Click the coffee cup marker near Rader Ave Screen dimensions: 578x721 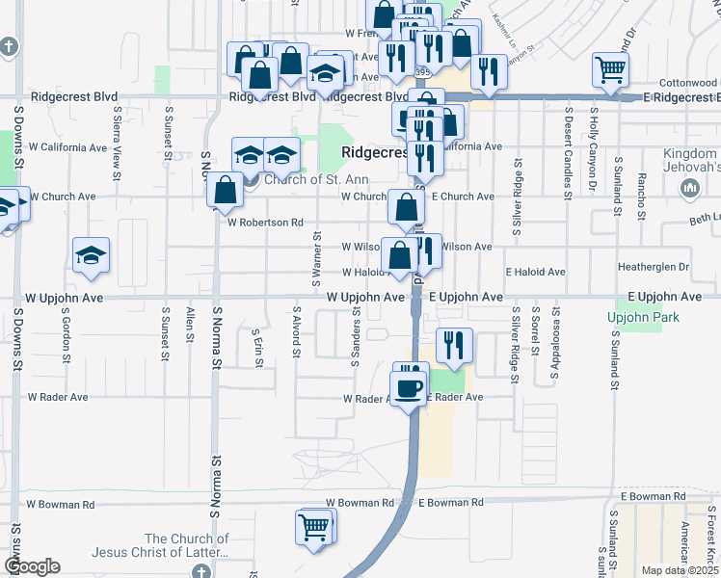click(410, 387)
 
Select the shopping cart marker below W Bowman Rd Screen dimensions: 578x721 click(313, 528)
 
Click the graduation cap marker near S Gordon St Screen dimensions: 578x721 click(91, 255)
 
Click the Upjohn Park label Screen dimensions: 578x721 click(644, 318)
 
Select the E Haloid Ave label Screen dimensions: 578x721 click(534, 273)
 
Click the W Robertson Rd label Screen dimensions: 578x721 click(265, 223)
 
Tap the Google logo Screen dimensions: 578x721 click(32, 566)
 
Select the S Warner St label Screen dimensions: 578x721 click(316, 259)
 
